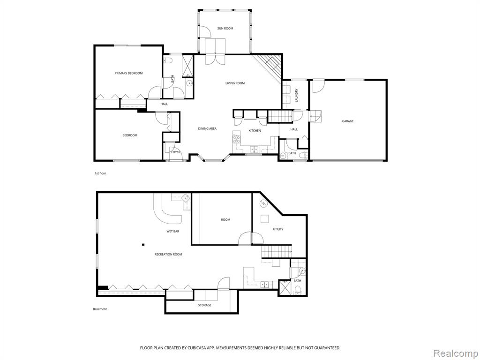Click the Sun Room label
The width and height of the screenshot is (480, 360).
[225, 29]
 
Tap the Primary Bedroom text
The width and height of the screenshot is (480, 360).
[128, 73]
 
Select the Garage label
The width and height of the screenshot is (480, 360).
[348, 121]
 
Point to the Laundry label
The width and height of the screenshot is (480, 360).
[296, 95]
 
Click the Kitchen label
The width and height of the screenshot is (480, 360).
[255, 131]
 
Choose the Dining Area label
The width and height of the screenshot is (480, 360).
[207, 128]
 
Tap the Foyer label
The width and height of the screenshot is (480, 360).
[176, 152]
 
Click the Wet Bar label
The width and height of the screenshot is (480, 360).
[172, 232]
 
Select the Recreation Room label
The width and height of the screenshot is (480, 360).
[168, 255]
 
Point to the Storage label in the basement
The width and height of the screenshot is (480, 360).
[204, 305]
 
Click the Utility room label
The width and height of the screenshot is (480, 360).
[278, 229]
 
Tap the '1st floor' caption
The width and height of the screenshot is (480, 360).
[100, 173]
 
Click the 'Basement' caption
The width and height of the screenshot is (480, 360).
[100, 309]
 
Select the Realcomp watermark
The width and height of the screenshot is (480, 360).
[455, 353]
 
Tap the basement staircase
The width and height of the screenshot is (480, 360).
[277, 251]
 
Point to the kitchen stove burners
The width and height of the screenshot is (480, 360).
[237, 140]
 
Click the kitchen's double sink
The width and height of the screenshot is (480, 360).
[254, 150]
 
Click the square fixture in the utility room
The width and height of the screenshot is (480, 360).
[264, 219]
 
